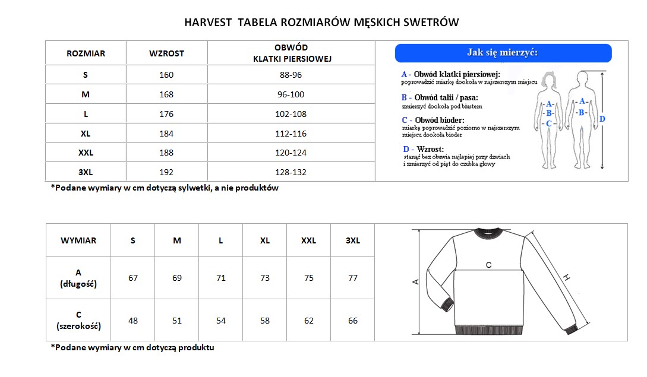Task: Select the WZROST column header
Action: point(166,53)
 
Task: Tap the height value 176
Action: point(166,114)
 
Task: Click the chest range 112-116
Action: point(291,134)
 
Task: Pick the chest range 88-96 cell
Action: point(291,75)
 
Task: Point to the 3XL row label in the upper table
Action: point(86,172)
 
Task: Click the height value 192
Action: point(166,172)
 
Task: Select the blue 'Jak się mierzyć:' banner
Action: point(503,53)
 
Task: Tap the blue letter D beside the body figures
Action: point(602,119)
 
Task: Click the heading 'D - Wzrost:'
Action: point(423,149)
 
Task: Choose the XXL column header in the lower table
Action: point(308,240)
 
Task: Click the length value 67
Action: point(133,278)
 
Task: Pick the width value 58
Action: point(265,321)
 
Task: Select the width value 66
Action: point(353,321)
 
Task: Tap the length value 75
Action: point(309,278)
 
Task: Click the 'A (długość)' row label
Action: point(78,278)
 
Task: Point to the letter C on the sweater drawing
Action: point(488,265)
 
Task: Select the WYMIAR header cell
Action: point(78,240)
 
